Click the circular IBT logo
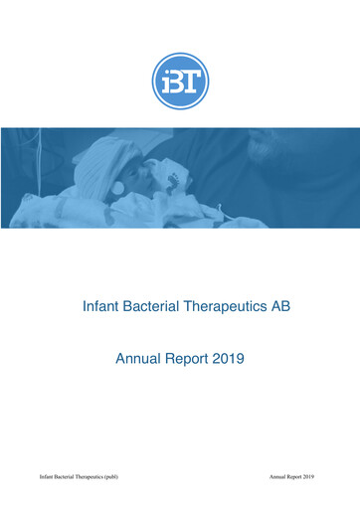coord(180,81)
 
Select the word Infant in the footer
coord(47,477)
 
